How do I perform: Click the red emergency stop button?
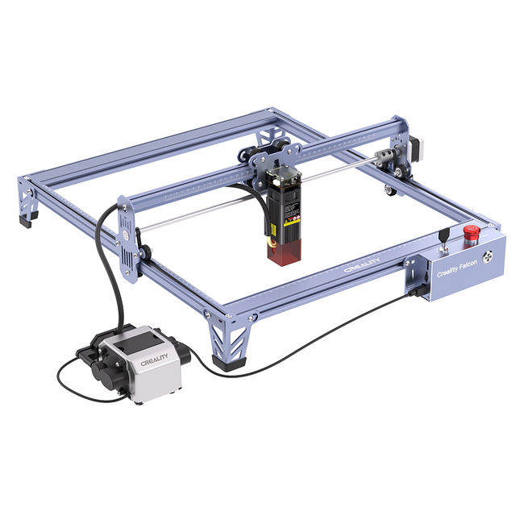(x=470, y=233)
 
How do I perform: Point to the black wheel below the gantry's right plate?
(x=391, y=191)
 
